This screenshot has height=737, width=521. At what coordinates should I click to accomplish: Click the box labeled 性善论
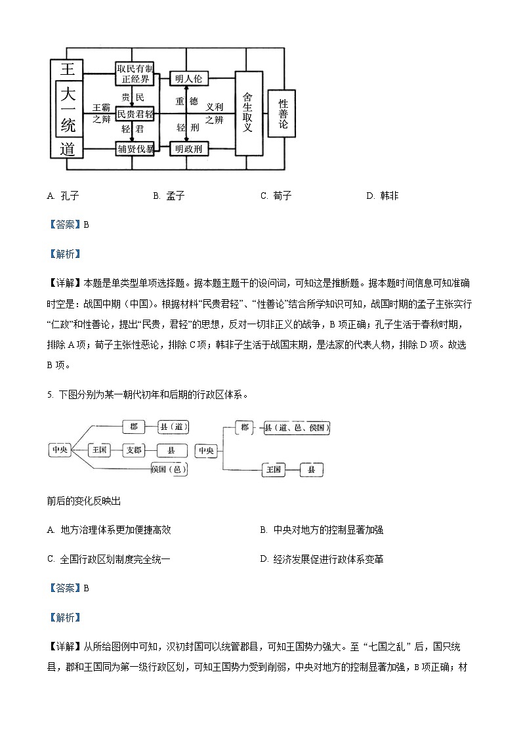(x=283, y=114)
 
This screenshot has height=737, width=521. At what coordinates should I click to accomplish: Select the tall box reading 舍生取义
(x=247, y=113)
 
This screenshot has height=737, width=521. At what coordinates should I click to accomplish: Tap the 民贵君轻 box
(x=135, y=114)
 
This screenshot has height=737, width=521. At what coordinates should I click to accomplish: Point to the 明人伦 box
(x=188, y=79)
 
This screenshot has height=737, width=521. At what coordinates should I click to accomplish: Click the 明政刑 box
(x=188, y=149)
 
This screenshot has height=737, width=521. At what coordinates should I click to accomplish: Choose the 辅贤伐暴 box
(x=135, y=149)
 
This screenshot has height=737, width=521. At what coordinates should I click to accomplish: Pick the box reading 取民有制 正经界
(x=135, y=74)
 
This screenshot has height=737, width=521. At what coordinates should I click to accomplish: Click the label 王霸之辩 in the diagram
(x=101, y=113)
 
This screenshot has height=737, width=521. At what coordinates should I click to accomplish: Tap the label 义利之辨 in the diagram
(x=215, y=113)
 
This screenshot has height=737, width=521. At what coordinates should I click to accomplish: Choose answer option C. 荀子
(x=276, y=196)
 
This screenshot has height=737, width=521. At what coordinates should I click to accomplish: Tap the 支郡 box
(x=134, y=450)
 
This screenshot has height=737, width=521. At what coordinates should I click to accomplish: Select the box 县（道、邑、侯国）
(x=296, y=429)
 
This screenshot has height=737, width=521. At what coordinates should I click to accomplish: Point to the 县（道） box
(x=174, y=427)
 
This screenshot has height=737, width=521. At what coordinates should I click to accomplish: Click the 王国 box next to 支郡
(x=100, y=450)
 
